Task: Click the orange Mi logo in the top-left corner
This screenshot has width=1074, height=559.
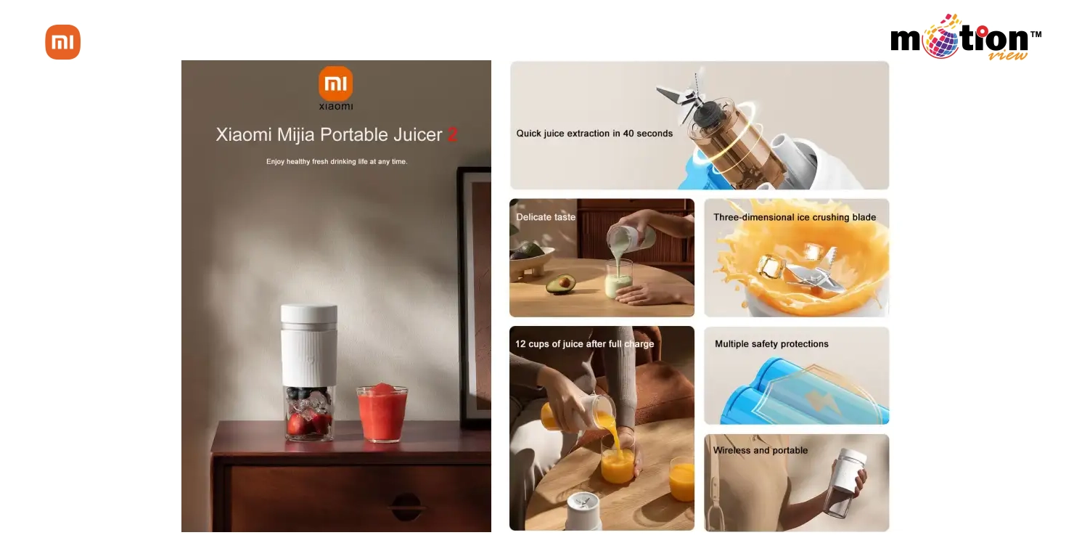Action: click(x=63, y=42)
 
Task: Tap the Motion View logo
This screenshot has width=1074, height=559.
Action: click(x=964, y=39)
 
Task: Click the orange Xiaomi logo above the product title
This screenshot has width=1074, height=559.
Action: click(x=335, y=84)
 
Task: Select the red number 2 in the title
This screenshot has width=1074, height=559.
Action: click(x=453, y=135)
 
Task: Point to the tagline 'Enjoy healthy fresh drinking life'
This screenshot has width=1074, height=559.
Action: click(x=337, y=162)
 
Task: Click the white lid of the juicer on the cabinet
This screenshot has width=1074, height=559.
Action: click(x=309, y=314)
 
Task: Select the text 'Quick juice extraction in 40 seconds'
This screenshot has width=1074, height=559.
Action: click(x=594, y=134)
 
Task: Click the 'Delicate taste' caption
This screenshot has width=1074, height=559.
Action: click(x=546, y=217)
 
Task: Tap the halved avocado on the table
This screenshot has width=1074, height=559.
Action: click(x=560, y=284)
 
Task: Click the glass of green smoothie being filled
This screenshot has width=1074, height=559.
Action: click(x=618, y=280)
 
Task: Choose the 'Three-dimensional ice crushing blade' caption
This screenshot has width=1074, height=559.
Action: click(x=795, y=217)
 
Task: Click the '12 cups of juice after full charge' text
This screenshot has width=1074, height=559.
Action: click(x=584, y=344)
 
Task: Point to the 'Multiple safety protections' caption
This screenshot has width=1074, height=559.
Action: click(x=771, y=344)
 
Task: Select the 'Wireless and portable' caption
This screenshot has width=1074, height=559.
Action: click(x=760, y=450)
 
